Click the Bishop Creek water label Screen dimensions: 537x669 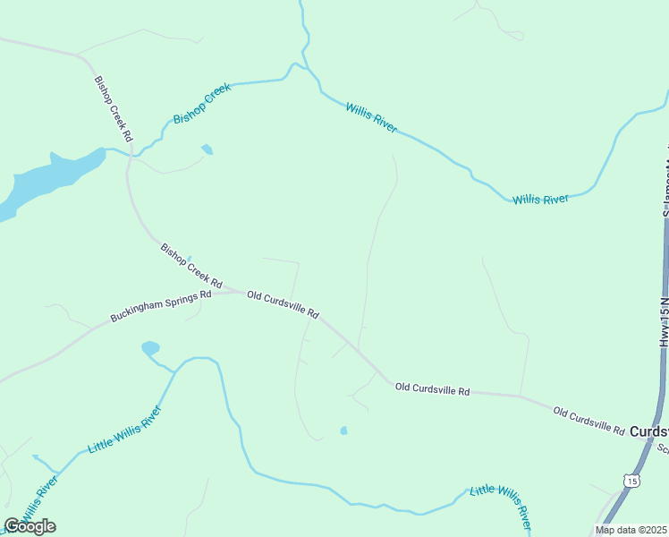[202, 103]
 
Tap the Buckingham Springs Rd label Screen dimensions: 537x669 [160, 305]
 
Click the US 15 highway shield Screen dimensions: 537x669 [632, 481]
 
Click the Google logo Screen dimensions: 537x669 [30, 525]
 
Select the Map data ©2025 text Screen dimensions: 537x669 [631, 530]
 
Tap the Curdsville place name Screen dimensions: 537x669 [648, 431]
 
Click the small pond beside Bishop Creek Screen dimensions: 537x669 [207, 149]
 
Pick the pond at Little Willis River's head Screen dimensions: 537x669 [150, 347]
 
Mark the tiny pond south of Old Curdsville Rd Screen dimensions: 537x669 [343, 430]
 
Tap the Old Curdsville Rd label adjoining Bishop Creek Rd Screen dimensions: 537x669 [283, 304]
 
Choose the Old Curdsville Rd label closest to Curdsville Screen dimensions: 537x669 [589, 421]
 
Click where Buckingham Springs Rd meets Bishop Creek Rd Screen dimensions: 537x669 [240, 291]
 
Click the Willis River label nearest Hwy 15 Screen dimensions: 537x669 [540, 199]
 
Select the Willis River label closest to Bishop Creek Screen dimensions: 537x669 [371, 118]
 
